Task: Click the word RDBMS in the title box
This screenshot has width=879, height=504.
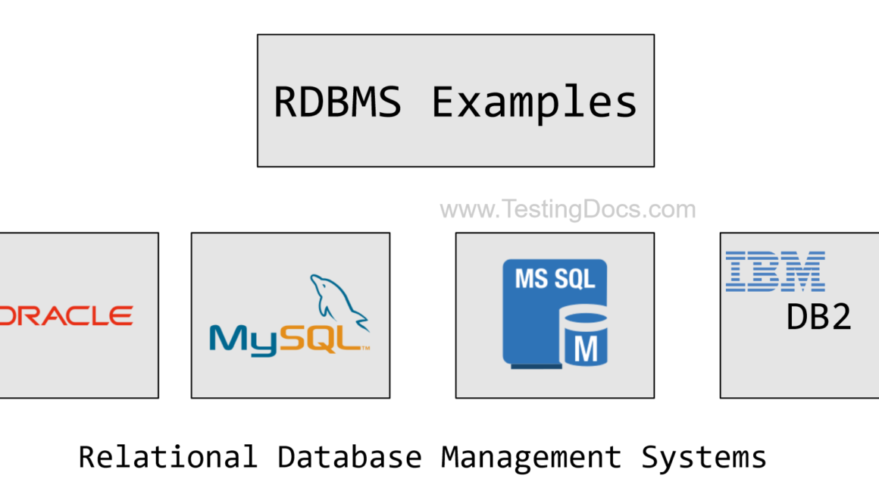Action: (x=337, y=102)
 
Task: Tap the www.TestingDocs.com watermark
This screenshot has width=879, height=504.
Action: (x=568, y=209)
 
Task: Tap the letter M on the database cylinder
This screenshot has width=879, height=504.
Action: (x=584, y=349)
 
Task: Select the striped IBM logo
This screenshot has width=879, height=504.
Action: (x=775, y=272)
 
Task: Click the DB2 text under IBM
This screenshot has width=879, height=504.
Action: (x=819, y=318)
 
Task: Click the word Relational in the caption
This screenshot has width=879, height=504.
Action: (x=167, y=457)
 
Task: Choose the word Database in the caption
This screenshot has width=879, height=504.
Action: (x=349, y=457)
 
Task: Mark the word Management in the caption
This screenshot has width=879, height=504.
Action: (x=531, y=457)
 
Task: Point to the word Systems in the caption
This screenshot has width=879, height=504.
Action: (x=704, y=457)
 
